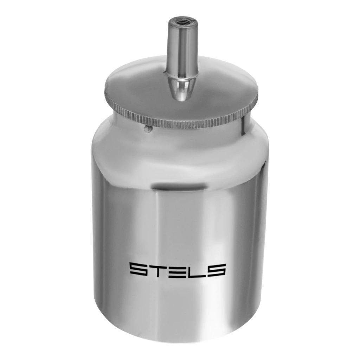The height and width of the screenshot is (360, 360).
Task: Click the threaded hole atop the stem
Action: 181,23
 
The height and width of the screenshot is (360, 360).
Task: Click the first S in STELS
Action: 139,270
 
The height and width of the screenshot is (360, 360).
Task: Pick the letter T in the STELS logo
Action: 158,270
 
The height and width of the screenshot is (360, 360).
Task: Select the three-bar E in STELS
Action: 177,270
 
